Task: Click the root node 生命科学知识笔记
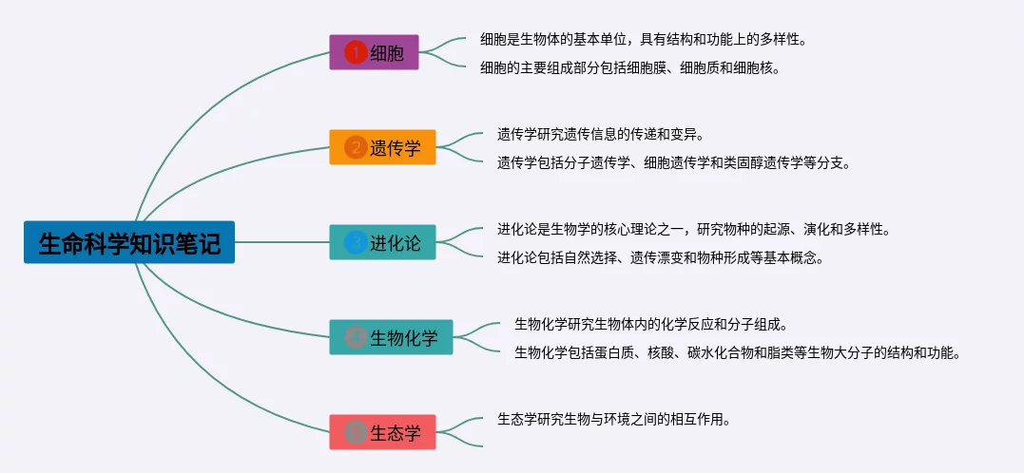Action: (129, 242)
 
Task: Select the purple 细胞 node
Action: (374, 52)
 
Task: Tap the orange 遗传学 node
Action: (382, 147)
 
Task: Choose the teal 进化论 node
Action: (382, 242)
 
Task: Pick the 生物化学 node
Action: (391, 337)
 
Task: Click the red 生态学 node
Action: (382, 432)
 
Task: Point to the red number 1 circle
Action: (356, 52)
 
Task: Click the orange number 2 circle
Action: (356, 147)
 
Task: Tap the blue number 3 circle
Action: (356, 242)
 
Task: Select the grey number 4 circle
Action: (356, 337)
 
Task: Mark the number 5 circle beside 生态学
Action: (356, 432)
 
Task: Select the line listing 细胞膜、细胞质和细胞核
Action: (630, 67)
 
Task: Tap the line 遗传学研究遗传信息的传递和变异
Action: (600, 135)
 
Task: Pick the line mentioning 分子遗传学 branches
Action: (674, 163)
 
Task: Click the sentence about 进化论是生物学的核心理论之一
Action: (693, 229)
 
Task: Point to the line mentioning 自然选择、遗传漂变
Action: (660, 257)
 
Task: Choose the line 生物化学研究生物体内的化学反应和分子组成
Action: (651, 324)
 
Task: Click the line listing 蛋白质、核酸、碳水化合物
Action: (738, 353)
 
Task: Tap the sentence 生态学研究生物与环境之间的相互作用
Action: (613, 419)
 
